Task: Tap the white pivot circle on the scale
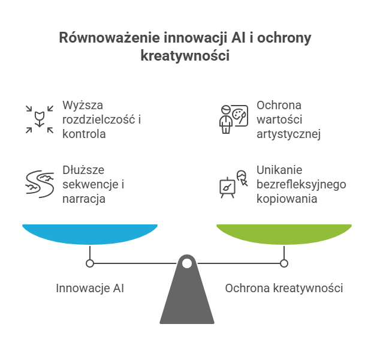pyautogui.click(x=187, y=263)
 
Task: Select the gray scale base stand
pyautogui.click(x=187, y=297)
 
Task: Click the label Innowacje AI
pyautogui.click(x=90, y=288)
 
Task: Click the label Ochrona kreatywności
pyautogui.click(x=283, y=288)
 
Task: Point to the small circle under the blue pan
pyautogui.click(x=90, y=263)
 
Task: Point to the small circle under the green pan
pyautogui.click(x=283, y=263)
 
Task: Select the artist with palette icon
pyautogui.click(x=232, y=118)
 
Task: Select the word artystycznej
pyautogui.click(x=289, y=133)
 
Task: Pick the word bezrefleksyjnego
pyautogui.click(x=301, y=184)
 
